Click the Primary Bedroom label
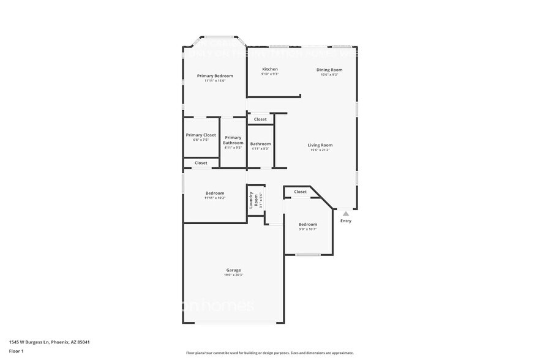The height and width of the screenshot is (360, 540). pyautogui.click(x=214, y=75)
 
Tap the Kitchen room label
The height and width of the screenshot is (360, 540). pyautogui.click(x=270, y=69)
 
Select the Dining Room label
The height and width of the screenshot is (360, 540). pyautogui.click(x=329, y=70)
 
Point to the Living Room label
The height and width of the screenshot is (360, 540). pyautogui.click(x=320, y=145)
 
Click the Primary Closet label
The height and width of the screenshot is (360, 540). pyautogui.click(x=201, y=135)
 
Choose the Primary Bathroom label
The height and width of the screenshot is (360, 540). pyautogui.click(x=233, y=140)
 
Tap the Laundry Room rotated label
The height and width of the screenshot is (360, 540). pyautogui.click(x=251, y=199)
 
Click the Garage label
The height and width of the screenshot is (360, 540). pyautogui.click(x=233, y=270)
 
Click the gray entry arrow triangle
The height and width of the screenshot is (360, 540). pyautogui.click(x=346, y=214)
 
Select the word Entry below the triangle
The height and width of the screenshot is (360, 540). pyautogui.click(x=346, y=221)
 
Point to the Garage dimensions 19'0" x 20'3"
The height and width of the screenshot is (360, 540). pyautogui.click(x=233, y=276)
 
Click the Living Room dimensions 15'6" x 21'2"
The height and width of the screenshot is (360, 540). pyautogui.click(x=320, y=150)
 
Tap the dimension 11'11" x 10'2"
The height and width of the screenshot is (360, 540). pyautogui.click(x=214, y=198)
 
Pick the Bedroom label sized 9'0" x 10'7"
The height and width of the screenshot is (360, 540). pyautogui.click(x=307, y=224)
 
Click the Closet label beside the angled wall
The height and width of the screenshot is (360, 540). pyautogui.click(x=300, y=192)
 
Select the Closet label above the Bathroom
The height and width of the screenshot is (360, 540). pyautogui.click(x=260, y=119)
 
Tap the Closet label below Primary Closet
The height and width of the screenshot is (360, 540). pyautogui.click(x=201, y=163)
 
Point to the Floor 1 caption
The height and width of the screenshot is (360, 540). pyautogui.click(x=16, y=351)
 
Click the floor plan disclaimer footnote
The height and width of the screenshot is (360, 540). pyautogui.click(x=269, y=353)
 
